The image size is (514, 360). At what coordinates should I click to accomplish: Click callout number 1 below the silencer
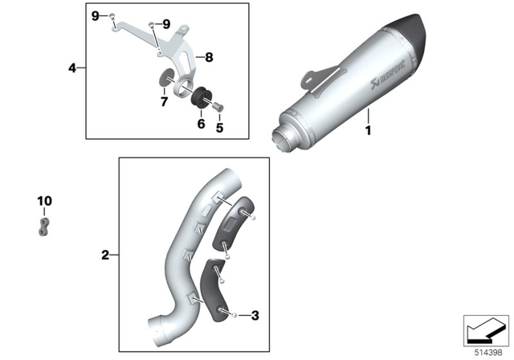(x=369, y=129)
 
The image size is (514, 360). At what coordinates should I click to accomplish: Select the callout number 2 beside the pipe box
(x=104, y=256)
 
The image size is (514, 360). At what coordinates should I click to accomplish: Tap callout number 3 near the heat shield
(x=255, y=316)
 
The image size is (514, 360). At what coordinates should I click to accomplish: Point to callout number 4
(x=71, y=68)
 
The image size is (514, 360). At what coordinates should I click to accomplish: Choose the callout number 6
(x=201, y=125)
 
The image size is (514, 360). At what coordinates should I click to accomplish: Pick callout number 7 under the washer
(x=163, y=102)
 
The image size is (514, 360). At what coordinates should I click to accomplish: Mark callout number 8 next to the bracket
(x=208, y=58)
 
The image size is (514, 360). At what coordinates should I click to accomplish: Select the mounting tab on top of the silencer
(x=314, y=79)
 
